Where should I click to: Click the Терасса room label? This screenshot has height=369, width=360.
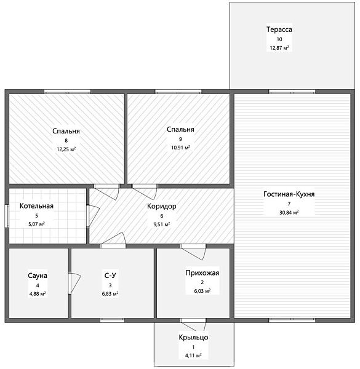[279, 30]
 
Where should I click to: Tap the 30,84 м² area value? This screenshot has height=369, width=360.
[289, 213]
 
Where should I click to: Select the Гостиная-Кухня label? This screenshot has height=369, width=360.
[289, 194]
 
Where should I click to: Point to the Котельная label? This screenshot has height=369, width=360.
[36, 206]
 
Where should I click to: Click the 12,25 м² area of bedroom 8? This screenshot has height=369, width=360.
[66, 149]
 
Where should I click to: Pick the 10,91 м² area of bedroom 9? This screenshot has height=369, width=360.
[180, 148]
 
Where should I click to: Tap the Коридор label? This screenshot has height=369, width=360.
[162, 207]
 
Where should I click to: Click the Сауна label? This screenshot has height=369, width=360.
[38, 276]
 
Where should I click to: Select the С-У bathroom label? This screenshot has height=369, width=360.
[110, 276]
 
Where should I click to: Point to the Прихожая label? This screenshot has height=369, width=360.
[202, 272]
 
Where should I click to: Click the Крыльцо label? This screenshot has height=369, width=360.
[193, 337]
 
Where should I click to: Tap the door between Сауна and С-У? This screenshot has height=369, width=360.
[74, 283]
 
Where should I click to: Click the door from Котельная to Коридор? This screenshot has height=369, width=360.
[94, 216]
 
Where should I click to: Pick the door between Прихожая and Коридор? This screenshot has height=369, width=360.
[193, 252]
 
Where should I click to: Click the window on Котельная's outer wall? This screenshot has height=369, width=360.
[7, 216]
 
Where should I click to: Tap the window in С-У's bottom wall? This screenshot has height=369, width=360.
[113, 320]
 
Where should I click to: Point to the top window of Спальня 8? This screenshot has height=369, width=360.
[67, 92]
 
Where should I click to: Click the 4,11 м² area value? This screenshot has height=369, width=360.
[193, 355]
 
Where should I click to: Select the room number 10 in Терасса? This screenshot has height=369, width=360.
[279, 39]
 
